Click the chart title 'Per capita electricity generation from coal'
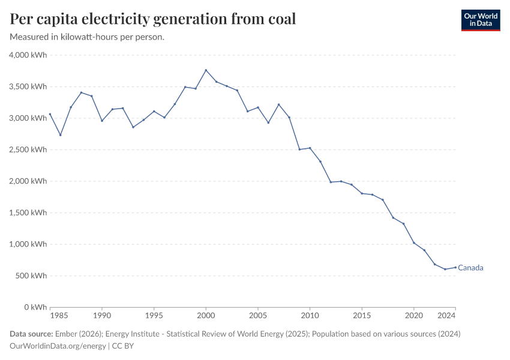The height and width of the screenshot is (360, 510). pos(153,19)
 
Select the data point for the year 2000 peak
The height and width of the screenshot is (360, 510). pos(206,70)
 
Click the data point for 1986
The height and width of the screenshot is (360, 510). pos(60,135)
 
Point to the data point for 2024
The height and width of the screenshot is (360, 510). pos(455,267)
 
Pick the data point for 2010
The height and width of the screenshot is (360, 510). pos(310,148)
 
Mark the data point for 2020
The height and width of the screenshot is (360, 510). pos(413,242)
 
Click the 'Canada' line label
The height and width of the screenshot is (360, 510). pos(470,268)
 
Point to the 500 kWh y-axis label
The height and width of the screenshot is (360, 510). pos(31,276)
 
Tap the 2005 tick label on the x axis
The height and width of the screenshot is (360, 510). pos(258,315)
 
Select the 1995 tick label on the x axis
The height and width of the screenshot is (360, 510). pos(154,315)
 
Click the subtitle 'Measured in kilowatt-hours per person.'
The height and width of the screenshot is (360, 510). pos(88,37)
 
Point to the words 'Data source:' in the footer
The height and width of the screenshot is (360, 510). pos(31,334)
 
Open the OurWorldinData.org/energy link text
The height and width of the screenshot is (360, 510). pos(58,346)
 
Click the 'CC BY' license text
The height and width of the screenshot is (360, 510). pos(123,346)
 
